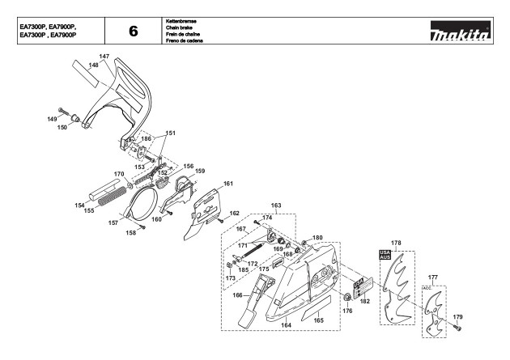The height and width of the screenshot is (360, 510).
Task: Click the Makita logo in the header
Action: (x=461, y=31)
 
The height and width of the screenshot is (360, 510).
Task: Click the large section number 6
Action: (x=134, y=32)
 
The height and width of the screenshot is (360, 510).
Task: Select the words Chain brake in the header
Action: (x=179, y=28)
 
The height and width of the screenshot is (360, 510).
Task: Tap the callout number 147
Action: (x=104, y=56)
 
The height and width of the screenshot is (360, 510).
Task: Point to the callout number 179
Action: (x=457, y=317)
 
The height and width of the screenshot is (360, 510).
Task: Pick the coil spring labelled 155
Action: (x=112, y=196)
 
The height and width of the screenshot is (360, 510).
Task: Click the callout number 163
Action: (x=276, y=205)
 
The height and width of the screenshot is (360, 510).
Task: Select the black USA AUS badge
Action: (x=385, y=255)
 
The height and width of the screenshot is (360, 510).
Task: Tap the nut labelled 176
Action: (x=347, y=297)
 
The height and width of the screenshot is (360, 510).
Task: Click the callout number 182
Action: (x=365, y=301)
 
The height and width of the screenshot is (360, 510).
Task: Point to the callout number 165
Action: (x=318, y=320)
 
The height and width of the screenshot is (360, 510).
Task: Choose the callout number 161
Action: (x=228, y=184)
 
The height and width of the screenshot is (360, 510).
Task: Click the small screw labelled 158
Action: (x=142, y=227)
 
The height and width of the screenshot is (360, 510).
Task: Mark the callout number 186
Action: (x=147, y=138)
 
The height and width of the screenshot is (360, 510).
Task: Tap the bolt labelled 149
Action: (x=64, y=112)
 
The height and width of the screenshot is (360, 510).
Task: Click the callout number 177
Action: (x=433, y=277)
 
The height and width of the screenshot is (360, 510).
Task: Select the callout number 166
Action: (x=238, y=295)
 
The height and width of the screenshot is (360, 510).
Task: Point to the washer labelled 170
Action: (x=130, y=185)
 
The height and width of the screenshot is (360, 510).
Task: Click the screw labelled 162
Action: (x=220, y=220)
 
